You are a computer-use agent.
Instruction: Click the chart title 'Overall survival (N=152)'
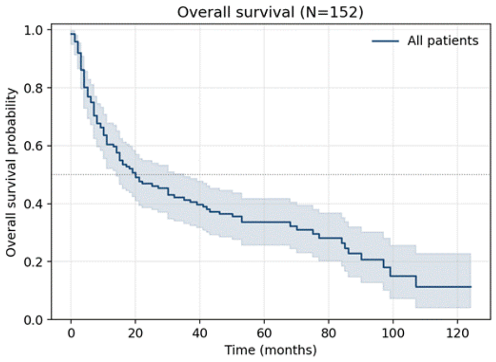(x=270, y=12)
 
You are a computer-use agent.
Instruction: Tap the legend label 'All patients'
(x=443, y=41)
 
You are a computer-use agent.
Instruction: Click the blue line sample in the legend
(x=385, y=41)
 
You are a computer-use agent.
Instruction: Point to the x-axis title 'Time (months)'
(x=270, y=350)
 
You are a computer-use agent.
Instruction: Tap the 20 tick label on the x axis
(x=135, y=333)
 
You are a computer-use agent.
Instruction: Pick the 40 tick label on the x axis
(x=200, y=333)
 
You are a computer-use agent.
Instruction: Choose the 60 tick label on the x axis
(x=264, y=333)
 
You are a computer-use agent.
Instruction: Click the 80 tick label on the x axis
(x=328, y=333)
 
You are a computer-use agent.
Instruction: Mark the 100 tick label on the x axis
(x=393, y=333)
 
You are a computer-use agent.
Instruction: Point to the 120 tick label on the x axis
(x=457, y=333)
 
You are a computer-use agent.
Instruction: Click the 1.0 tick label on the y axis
(x=33, y=30)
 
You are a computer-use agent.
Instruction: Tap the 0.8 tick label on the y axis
(x=33, y=88)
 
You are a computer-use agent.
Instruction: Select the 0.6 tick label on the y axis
(x=33, y=146)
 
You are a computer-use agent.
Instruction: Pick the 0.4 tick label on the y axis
(x=33, y=204)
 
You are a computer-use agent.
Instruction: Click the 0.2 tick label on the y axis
(x=33, y=262)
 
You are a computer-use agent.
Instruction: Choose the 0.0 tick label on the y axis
(x=33, y=320)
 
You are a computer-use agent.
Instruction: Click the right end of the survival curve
(x=471, y=287)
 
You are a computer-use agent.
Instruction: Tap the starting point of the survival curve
(x=71, y=34)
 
